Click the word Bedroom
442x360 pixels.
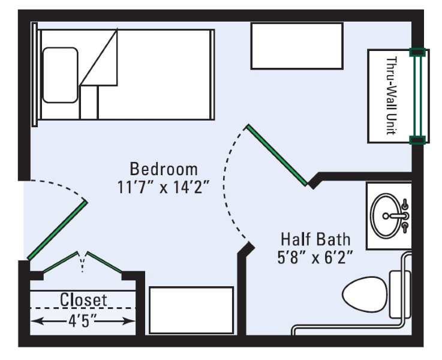pyautogui.click(x=164, y=169)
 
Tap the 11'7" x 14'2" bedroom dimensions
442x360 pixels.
pyautogui.click(x=164, y=187)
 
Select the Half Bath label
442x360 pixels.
pyautogui.click(x=315, y=239)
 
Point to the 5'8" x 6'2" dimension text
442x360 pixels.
pyautogui.click(x=315, y=257)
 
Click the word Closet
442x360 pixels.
pyautogui.click(x=83, y=299)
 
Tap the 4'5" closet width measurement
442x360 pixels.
pyautogui.click(x=82, y=321)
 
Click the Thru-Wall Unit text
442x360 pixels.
pyautogui.click(x=392, y=96)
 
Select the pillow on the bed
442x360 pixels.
pyautogui.click(x=60, y=75)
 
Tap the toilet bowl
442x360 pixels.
pyautogui.click(x=365, y=295)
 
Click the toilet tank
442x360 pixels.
pyautogui.click(x=399, y=295)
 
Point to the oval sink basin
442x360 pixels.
pyautogui.click(x=386, y=216)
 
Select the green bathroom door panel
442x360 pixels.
pyautogui.click(x=277, y=155)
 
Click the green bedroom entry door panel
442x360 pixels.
pyautogui.click(x=57, y=230)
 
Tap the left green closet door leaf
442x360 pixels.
pyautogui.click(x=60, y=262)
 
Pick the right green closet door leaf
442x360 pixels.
pyautogui.click(x=104, y=262)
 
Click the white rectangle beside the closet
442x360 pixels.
pyautogui.click(x=191, y=310)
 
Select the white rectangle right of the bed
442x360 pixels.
pyautogui.click(x=297, y=46)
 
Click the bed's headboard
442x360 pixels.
pyautogui.click(x=35, y=75)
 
